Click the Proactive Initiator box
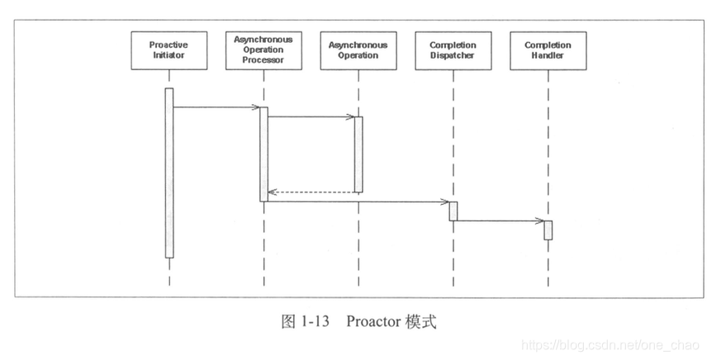[x=168, y=50]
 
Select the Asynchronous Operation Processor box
[x=263, y=50]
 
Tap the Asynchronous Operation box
[x=358, y=50]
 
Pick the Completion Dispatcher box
[x=453, y=50]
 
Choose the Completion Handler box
[x=548, y=50]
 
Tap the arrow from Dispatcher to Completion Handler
[x=500, y=220]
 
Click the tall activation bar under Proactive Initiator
[x=168, y=173]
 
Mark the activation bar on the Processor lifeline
[x=263, y=154]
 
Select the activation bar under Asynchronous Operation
[x=358, y=154]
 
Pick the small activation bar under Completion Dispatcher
[x=453, y=211]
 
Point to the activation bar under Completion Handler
[x=548, y=230]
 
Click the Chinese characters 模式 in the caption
[x=420, y=320]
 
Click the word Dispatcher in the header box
[x=453, y=55]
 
